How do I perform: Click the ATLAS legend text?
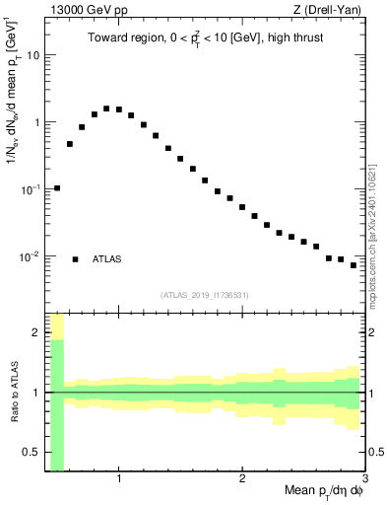tap(107, 259)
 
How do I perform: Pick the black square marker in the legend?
tap(75, 259)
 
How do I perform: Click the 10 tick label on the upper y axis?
tap(32, 55)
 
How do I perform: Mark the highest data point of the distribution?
tap(106, 108)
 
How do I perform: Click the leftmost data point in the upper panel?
tap(57, 187)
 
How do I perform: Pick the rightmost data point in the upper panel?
tap(354, 265)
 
